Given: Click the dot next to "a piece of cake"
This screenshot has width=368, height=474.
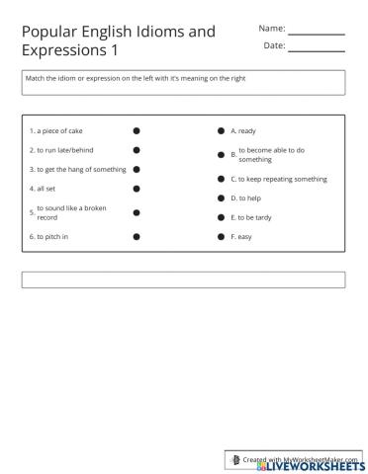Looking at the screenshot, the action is [x=137, y=130].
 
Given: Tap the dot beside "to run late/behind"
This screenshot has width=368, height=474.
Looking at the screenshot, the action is [x=137, y=150].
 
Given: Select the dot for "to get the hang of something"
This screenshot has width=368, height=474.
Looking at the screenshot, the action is [x=137, y=169].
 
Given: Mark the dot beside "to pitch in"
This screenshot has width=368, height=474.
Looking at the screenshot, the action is [x=137, y=237].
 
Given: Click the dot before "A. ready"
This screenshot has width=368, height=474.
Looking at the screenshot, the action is [x=221, y=130].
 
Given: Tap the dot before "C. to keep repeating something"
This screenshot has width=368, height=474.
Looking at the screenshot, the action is [x=221, y=179].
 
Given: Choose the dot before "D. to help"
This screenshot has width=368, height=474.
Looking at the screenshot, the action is [x=221, y=197].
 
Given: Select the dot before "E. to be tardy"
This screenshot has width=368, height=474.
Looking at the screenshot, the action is [x=221, y=217].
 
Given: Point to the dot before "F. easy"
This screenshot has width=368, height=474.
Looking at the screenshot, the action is [x=221, y=237].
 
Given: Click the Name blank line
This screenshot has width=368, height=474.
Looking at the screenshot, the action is [x=317, y=34].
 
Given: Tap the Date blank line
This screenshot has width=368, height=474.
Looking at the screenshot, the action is [x=317, y=50].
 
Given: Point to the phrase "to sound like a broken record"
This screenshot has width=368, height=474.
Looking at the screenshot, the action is [x=70, y=212].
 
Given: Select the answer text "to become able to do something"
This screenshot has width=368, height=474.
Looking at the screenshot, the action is [x=271, y=154].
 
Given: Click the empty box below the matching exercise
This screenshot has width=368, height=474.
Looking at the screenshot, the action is [x=183, y=279].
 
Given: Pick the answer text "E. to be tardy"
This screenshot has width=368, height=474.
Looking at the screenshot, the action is [x=253, y=217].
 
